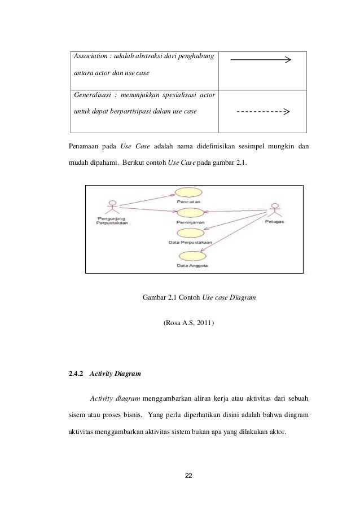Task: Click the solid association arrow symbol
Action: pyautogui.click(x=261, y=60)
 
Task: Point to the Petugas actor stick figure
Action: pyautogui.click(x=275, y=210)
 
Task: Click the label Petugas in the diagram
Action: pyautogui.click(x=275, y=222)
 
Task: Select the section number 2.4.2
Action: pyautogui.click(x=76, y=374)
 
